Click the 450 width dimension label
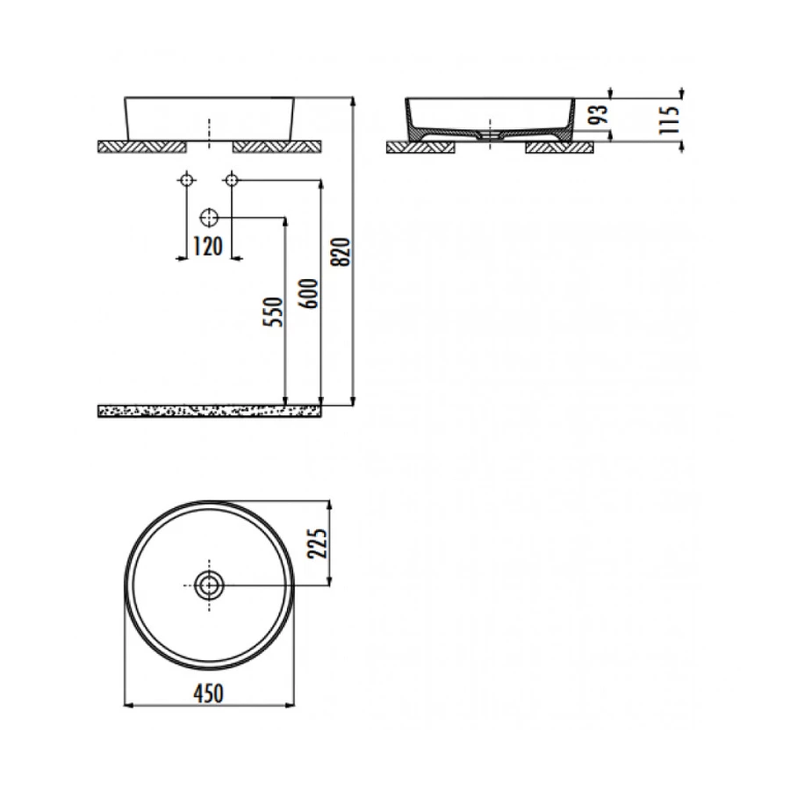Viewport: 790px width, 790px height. coord(208,693)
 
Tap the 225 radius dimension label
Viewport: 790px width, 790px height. coord(319,543)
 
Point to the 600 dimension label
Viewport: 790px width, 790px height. coord(310,293)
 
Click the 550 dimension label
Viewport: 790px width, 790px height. coord(274,312)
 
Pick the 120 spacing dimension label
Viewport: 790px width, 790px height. coord(208,247)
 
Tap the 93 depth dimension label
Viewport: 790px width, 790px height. coord(600,114)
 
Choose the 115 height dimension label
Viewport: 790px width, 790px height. coord(670,120)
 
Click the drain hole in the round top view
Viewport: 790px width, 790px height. coord(209,585)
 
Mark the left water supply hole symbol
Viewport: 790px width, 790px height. coord(186,179)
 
